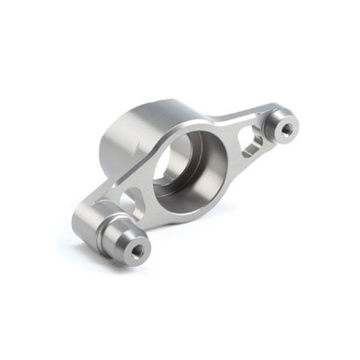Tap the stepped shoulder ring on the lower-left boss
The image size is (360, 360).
click(x=110, y=231)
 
